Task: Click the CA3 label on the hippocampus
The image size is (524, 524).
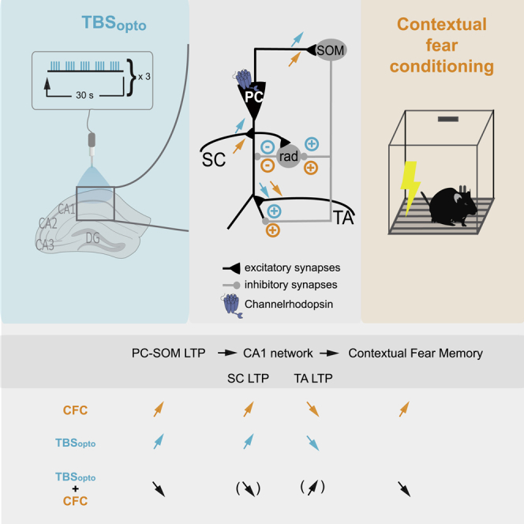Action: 47,244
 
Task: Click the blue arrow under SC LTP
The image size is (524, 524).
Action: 249,442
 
